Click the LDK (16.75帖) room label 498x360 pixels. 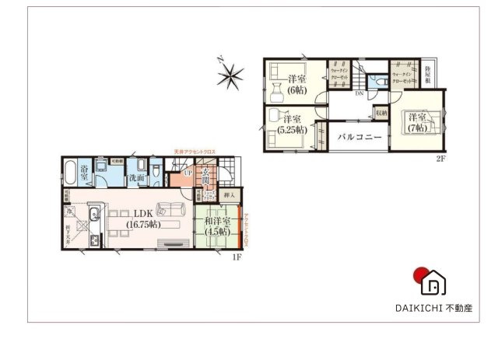pos(142,218)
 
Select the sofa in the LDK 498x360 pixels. pos(169,208)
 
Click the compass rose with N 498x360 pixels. pos(230,75)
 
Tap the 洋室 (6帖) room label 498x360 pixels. pos(296,84)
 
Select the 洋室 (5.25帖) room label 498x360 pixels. pos(292,124)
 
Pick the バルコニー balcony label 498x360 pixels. pos(359,137)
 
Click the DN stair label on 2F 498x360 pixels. pos(359,94)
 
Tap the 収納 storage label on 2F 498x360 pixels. pos(381,112)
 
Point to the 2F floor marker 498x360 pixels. pos(440,158)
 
